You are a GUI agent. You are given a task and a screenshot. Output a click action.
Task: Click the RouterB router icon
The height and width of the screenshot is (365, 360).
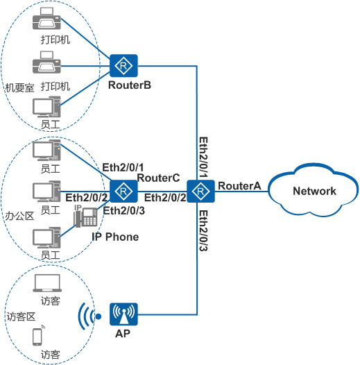[x=123, y=66]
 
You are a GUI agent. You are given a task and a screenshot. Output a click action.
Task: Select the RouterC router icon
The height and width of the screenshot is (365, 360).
[x=123, y=191]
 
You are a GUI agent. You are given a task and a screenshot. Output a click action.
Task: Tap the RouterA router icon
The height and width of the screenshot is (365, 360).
[x=200, y=191]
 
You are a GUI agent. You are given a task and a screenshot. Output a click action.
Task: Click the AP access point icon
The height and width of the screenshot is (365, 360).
[x=123, y=314]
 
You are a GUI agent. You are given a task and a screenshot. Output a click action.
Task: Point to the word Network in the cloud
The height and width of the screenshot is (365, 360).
[x=314, y=191]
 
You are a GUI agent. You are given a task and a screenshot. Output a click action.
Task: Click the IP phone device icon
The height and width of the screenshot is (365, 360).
[x=85, y=217]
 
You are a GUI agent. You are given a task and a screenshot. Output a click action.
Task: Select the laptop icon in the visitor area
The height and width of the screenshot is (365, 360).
[x=47, y=283]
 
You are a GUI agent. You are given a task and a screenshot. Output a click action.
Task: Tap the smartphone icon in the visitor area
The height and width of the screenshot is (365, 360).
[x=38, y=336]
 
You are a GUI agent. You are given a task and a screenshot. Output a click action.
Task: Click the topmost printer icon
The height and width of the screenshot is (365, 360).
[x=46, y=19]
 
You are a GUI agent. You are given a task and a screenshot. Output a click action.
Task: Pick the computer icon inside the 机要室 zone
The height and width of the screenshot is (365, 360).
[x=46, y=107]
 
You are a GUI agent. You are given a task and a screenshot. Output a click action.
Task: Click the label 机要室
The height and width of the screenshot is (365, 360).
[x=20, y=87]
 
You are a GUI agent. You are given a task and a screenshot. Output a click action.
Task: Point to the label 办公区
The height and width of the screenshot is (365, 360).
[x=20, y=216]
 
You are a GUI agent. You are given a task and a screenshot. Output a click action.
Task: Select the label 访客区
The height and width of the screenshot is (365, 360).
[x=21, y=317]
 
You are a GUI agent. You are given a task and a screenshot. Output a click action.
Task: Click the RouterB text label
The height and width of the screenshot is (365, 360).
[x=130, y=85]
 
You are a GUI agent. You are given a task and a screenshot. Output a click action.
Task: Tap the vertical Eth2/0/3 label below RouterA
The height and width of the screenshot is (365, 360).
[x=203, y=230]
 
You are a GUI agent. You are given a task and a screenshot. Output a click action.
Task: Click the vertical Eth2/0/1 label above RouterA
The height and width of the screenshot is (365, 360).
[x=203, y=158]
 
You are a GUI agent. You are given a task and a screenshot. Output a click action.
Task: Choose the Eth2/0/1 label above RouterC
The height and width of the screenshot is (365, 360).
[x=123, y=167]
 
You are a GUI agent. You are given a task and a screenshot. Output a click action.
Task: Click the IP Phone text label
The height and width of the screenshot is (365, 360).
[x=115, y=237]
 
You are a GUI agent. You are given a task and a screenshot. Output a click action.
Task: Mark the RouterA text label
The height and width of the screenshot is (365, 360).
[x=239, y=186]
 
